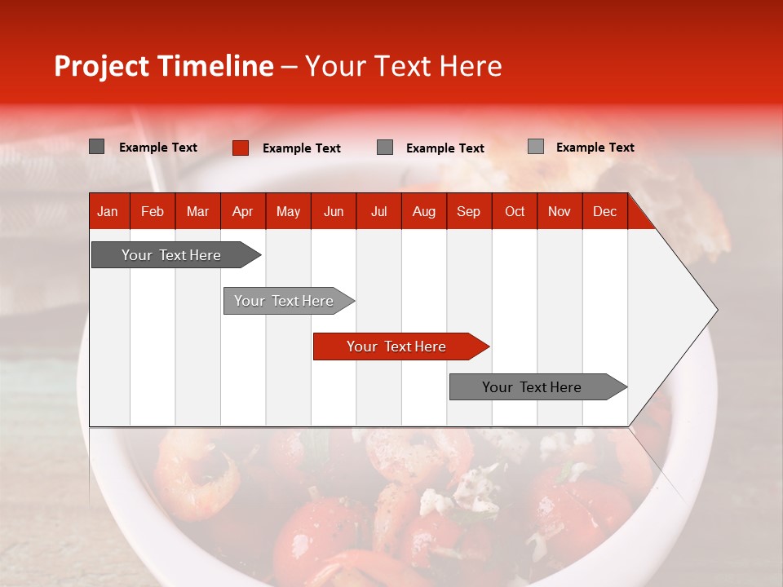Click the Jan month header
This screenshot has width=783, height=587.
(108, 211)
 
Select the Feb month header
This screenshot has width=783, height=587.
(153, 211)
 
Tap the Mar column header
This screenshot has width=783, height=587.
(197, 211)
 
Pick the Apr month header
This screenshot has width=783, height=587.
(242, 211)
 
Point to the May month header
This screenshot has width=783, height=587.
(288, 211)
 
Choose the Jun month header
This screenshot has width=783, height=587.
(334, 211)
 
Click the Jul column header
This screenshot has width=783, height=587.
(378, 211)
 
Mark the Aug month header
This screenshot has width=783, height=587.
(423, 211)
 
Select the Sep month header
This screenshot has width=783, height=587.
(468, 211)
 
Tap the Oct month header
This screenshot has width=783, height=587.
(515, 211)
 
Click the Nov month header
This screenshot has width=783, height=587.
(560, 211)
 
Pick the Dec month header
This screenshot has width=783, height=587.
(604, 211)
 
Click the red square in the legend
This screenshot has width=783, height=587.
(240, 148)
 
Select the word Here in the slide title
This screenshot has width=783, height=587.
(471, 66)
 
